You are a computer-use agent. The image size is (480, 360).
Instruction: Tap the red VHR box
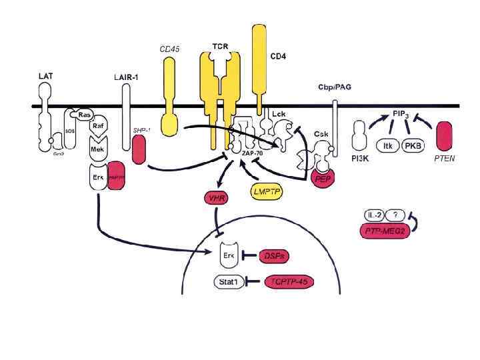pos(215,197)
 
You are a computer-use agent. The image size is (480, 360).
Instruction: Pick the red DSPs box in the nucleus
pos(271,255)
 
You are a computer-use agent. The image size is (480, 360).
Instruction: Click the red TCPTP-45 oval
pos(289,282)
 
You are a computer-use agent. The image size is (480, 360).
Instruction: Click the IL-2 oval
pos(375,215)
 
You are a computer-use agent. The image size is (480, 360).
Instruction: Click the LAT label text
pos(46,77)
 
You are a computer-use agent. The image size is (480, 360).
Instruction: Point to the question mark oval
pos(399,215)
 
